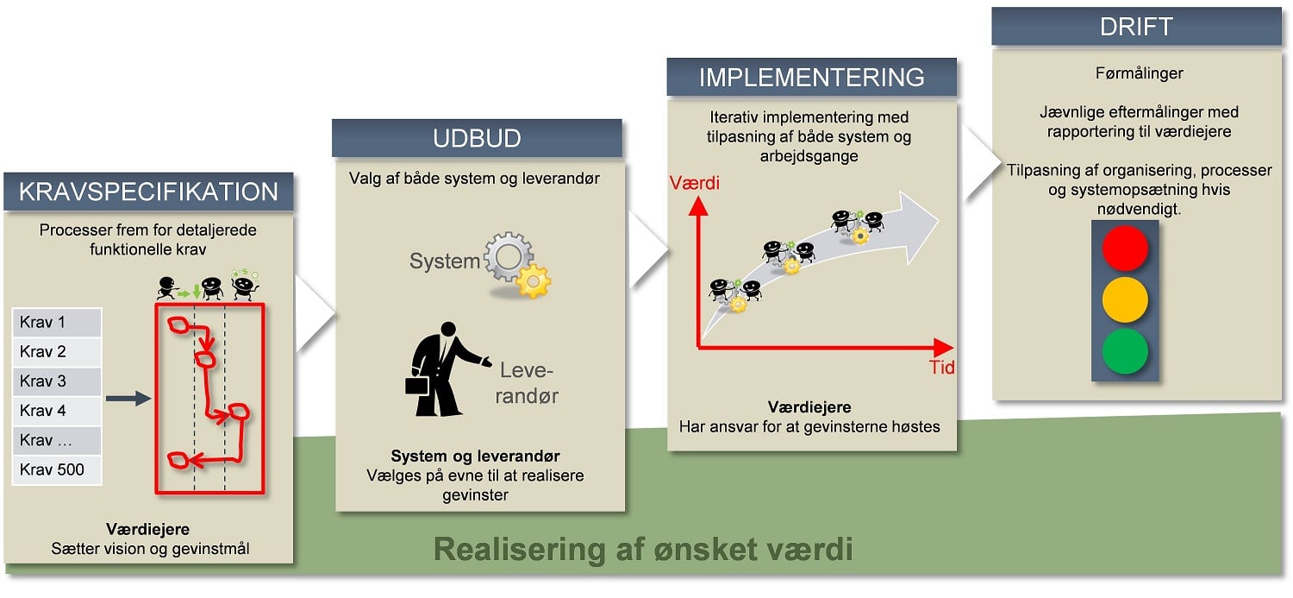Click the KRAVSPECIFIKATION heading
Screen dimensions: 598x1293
148,192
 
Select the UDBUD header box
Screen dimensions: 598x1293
477,138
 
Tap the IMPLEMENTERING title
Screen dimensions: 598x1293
811,77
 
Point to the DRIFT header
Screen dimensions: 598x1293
1136,26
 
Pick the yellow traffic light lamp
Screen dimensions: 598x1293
1125,299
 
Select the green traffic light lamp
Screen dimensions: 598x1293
1125,349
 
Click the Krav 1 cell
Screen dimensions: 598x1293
57,323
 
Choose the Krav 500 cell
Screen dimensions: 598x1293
57,470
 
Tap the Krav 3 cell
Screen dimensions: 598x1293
57,381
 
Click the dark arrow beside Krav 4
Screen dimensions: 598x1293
128,398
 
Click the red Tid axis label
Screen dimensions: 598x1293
941,368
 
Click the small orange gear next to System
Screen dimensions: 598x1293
533,281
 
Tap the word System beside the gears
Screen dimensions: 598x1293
444,261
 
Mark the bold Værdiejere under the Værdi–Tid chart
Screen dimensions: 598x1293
810,407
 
